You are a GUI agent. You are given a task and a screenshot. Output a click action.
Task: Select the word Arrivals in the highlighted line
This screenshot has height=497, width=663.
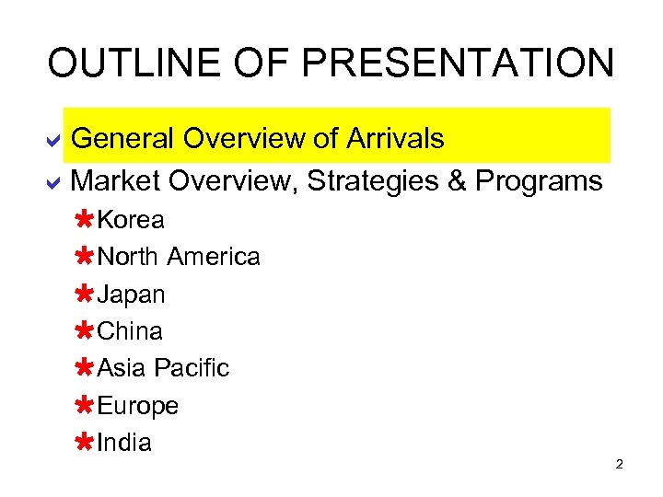(395, 139)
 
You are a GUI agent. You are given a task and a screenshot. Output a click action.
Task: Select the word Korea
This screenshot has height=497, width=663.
(131, 220)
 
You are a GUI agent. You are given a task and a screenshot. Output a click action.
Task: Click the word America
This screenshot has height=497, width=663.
(214, 257)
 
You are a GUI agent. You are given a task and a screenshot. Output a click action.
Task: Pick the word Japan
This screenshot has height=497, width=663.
(132, 295)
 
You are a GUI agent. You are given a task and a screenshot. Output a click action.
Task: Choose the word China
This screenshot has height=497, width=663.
(130, 331)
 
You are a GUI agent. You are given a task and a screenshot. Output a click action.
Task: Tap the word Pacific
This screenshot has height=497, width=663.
(192, 368)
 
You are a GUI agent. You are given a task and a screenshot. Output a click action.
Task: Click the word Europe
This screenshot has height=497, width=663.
(138, 406)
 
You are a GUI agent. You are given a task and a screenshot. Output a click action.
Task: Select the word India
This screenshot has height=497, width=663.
(124, 443)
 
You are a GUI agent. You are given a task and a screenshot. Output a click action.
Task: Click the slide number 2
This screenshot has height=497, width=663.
(620, 464)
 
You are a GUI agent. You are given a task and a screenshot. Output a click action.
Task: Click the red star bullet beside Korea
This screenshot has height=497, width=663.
(83, 220)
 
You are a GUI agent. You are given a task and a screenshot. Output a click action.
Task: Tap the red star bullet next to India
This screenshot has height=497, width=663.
(83, 443)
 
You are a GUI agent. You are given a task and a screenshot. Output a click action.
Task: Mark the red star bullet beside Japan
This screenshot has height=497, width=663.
(83, 295)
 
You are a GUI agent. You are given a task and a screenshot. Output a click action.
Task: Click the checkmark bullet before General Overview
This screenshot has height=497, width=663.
(54, 140)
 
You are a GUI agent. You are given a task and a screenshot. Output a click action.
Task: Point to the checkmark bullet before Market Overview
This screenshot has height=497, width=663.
(54, 182)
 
